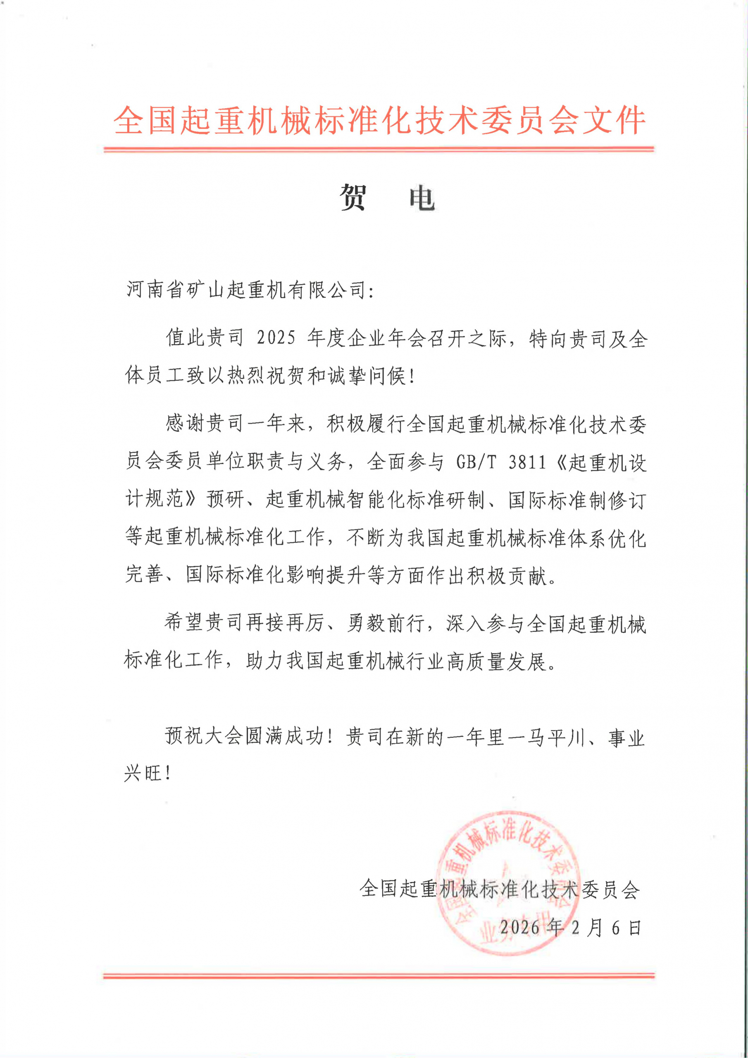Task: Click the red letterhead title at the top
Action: click(x=379, y=121)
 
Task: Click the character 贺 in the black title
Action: click(x=353, y=197)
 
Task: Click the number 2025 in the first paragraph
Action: click(x=276, y=338)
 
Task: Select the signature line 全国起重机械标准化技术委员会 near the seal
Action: click(x=500, y=889)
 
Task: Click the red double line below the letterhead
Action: click(x=379, y=149)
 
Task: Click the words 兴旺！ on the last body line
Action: click(x=148, y=773)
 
